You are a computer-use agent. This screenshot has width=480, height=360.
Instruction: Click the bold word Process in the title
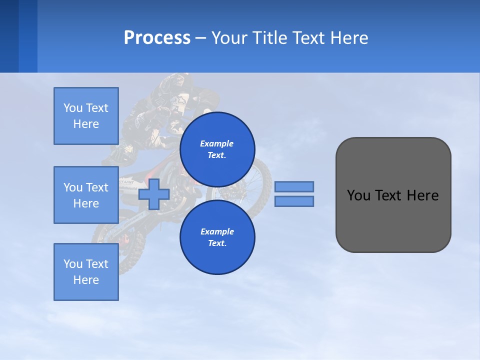pos(157,38)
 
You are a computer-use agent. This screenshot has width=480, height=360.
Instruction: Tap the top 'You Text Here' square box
pos(86,116)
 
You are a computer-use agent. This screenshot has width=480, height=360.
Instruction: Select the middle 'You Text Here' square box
pos(86,195)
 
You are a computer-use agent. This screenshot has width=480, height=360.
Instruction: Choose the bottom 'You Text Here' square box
pos(86,272)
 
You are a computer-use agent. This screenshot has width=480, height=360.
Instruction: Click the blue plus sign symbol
pos(153,194)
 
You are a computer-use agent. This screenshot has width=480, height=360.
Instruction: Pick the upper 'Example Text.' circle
pos(217,149)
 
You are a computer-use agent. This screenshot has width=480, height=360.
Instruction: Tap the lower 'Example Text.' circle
pos(217,237)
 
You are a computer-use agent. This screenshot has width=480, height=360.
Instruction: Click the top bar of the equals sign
pos(294,186)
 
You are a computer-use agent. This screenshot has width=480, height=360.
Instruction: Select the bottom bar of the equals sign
pos(294,201)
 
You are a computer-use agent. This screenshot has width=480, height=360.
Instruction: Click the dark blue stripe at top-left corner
pos(9,36)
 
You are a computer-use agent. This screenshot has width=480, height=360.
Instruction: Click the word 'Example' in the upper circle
pos(217,143)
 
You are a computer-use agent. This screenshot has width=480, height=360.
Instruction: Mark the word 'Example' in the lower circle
pos(217,231)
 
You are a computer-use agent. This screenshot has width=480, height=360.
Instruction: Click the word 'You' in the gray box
pos(358,195)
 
